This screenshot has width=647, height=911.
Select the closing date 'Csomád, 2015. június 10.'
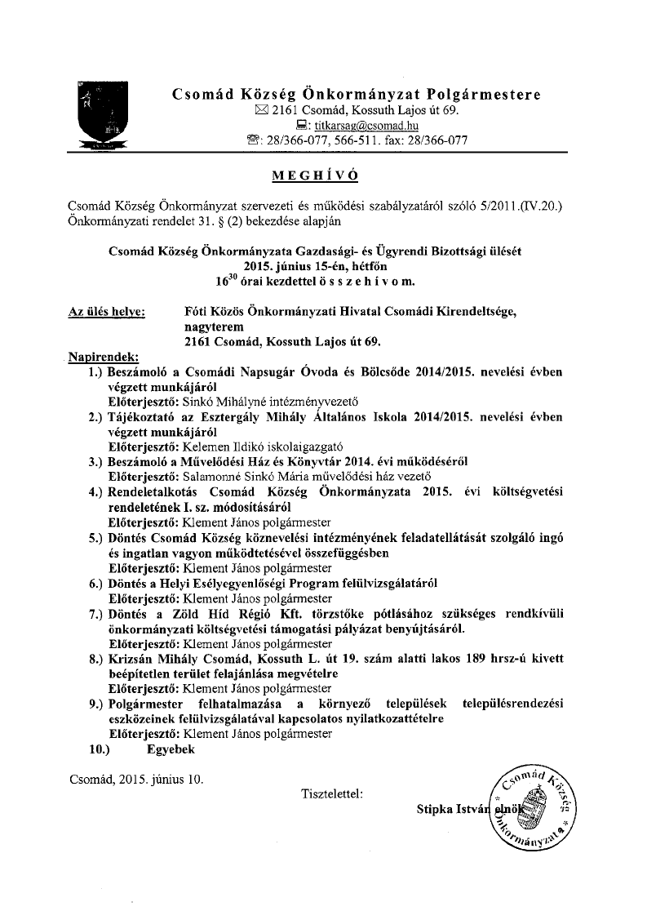tap(136, 779)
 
